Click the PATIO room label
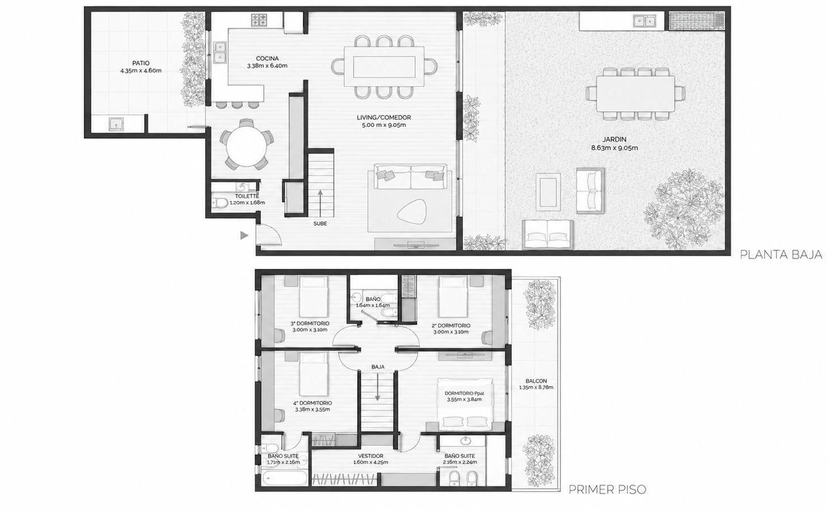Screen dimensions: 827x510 tap(141, 63)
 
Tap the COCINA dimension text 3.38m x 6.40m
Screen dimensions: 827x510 tap(267, 66)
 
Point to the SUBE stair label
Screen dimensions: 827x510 tap(320, 224)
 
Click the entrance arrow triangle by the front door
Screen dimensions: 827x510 tap(244, 235)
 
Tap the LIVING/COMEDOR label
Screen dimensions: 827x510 tap(384, 117)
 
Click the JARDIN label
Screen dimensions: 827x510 tap(614, 140)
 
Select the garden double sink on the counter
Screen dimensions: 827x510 tap(645, 21)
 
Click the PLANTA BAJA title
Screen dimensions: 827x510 tap(781, 254)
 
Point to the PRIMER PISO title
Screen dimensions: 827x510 tap(607, 490)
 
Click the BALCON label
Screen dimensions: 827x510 tap(536, 381)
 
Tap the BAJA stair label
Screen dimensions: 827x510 tap(378, 367)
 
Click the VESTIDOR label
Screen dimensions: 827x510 tap(371, 456)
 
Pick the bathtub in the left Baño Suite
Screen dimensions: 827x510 tap(285, 478)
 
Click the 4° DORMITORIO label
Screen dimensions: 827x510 tap(312, 403)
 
